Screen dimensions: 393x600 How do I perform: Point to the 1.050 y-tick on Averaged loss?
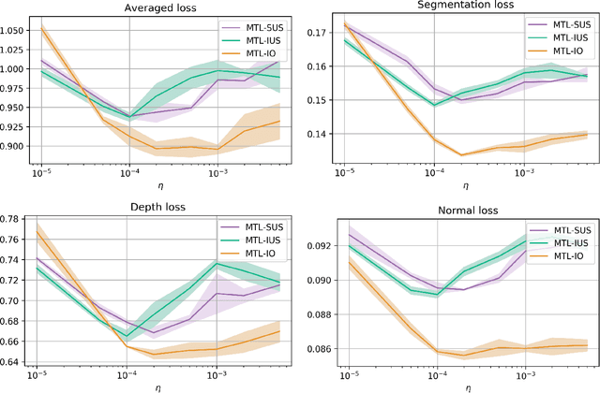click(x=16, y=31)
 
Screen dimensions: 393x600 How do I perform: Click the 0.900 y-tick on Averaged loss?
click(x=16, y=145)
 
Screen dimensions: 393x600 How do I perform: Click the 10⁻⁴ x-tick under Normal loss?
click(x=434, y=373)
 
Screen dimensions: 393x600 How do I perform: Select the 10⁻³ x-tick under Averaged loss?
click(x=218, y=174)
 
